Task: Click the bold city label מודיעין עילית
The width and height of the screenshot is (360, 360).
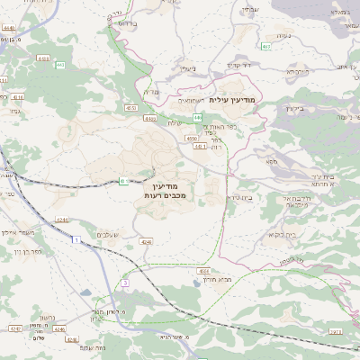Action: [232, 99]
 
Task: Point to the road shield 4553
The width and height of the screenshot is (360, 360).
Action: [43, 58]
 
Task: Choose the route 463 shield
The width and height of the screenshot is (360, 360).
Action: [265, 45]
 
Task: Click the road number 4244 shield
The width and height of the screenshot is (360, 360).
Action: [64, 218]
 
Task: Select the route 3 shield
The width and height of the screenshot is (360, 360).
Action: [125, 283]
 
